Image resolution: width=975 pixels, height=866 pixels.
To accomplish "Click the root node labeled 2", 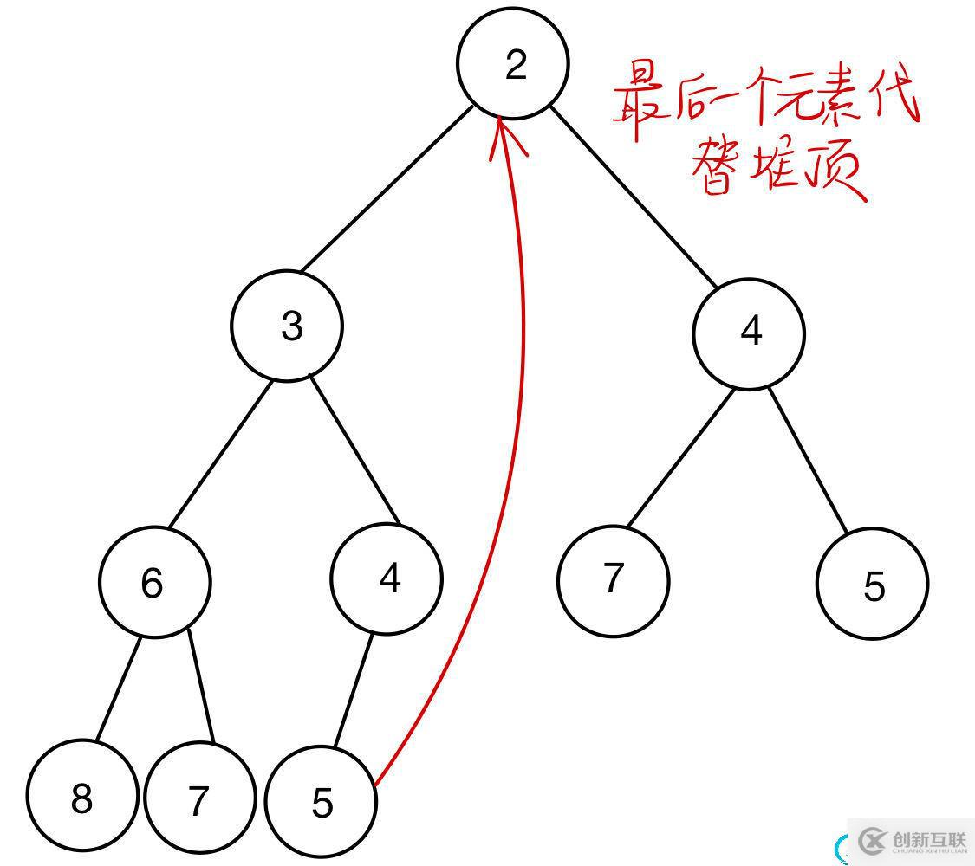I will tap(512, 63).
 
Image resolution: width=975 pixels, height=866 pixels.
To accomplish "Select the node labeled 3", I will tap(287, 325).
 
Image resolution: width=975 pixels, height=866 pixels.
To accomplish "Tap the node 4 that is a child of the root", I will tap(749, 333).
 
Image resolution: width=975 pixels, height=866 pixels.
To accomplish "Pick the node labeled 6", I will tap(154, 582).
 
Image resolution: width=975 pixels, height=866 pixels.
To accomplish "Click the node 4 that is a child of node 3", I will tap(387, 578).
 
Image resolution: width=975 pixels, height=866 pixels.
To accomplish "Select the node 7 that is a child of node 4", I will tap(613, 580).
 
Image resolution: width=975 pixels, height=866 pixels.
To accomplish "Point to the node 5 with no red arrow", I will tap(872, 585).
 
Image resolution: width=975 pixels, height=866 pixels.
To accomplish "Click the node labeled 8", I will tap(81, 798).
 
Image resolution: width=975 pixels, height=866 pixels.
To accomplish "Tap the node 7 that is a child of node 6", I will tap(200, 799).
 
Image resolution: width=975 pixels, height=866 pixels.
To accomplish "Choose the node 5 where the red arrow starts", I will tap(321, 802).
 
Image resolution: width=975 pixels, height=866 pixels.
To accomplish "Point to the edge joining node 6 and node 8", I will tap(117, 689).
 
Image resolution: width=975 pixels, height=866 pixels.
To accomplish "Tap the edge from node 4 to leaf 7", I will tap(679, 458).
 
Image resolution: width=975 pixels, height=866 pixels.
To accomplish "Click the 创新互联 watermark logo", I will tap(910, 840).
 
